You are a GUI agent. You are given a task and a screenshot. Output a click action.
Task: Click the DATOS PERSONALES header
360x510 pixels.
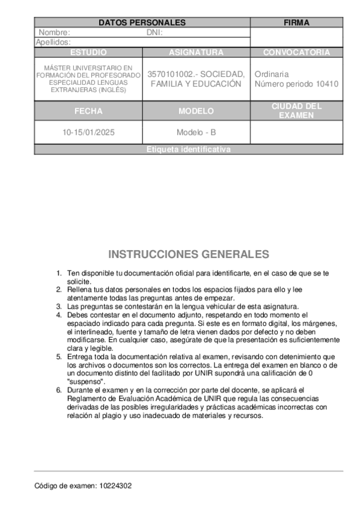pyautogui.click(x=142, y=23)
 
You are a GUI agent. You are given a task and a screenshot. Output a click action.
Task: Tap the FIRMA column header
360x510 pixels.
pyautogui.click(x=296, y=23)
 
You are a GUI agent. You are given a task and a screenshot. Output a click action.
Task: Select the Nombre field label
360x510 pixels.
pyautogui.click(x=54, y=32)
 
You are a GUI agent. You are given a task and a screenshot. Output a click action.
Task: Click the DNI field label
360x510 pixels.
pyautogui.click(x=155, y=32)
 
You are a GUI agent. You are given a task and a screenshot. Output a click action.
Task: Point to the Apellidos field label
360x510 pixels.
pyautogui.click(x=53, y=42)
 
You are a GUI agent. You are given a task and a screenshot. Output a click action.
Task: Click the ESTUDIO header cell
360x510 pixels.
pyautogui.click(x=88, y=52)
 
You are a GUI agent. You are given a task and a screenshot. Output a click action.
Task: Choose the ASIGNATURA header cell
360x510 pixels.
pyautogui.click(x=196, y=52)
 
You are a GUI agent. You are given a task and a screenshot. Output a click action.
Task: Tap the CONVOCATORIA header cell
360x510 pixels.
pyautogui.click(x=296, y=52)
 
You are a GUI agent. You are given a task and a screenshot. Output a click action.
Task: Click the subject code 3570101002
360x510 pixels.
pyautogui.click(x=169, y=74)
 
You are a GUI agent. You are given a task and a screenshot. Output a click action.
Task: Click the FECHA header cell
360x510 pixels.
pyautogui.click(x=88, y=111)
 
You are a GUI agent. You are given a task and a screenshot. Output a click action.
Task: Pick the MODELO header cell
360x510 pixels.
pyautogui.click(x=196, y=111)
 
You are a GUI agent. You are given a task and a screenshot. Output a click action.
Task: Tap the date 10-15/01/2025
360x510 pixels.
pyautogui.click(x=88, y=132)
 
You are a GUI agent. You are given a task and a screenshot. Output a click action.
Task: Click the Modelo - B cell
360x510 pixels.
pyautogui.click(x=196, y=132)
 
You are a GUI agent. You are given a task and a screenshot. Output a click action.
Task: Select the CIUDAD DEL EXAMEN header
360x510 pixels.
pyautogui.click(x=296, y=111)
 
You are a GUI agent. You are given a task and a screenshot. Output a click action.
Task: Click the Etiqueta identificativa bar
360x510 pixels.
pyautogui.click(x=188, y=150)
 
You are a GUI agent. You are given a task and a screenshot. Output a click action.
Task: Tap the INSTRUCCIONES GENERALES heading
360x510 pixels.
pyautogui.click(x=188, y=254)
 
